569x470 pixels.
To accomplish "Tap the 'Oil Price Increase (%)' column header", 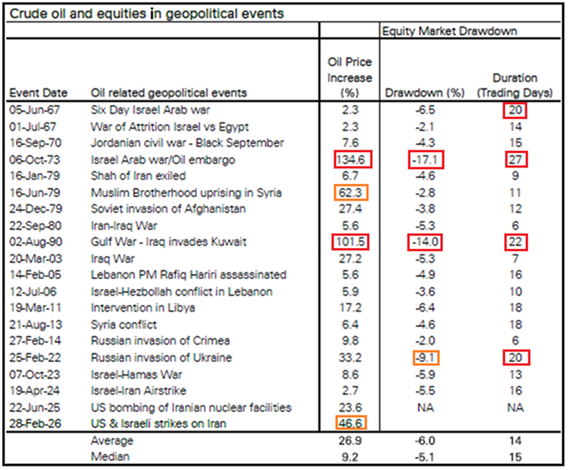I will tap(350, 78).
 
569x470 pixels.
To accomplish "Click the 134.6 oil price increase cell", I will tap(350, 159).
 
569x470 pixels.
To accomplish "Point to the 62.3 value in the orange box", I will tap(350, 192).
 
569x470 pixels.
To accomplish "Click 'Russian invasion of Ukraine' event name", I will tap(161, 358).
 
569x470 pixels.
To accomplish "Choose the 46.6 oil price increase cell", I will tap(350, 423).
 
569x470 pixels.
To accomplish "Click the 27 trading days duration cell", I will tap(515, 159).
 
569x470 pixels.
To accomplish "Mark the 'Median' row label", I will tap(109, 456).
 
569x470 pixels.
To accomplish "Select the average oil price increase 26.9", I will tap(350, 440).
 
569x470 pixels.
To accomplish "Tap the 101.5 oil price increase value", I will tap(350, 242).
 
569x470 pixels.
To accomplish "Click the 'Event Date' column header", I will tap(38, 94).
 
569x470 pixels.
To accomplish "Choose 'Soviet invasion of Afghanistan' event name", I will tap(168, 209).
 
